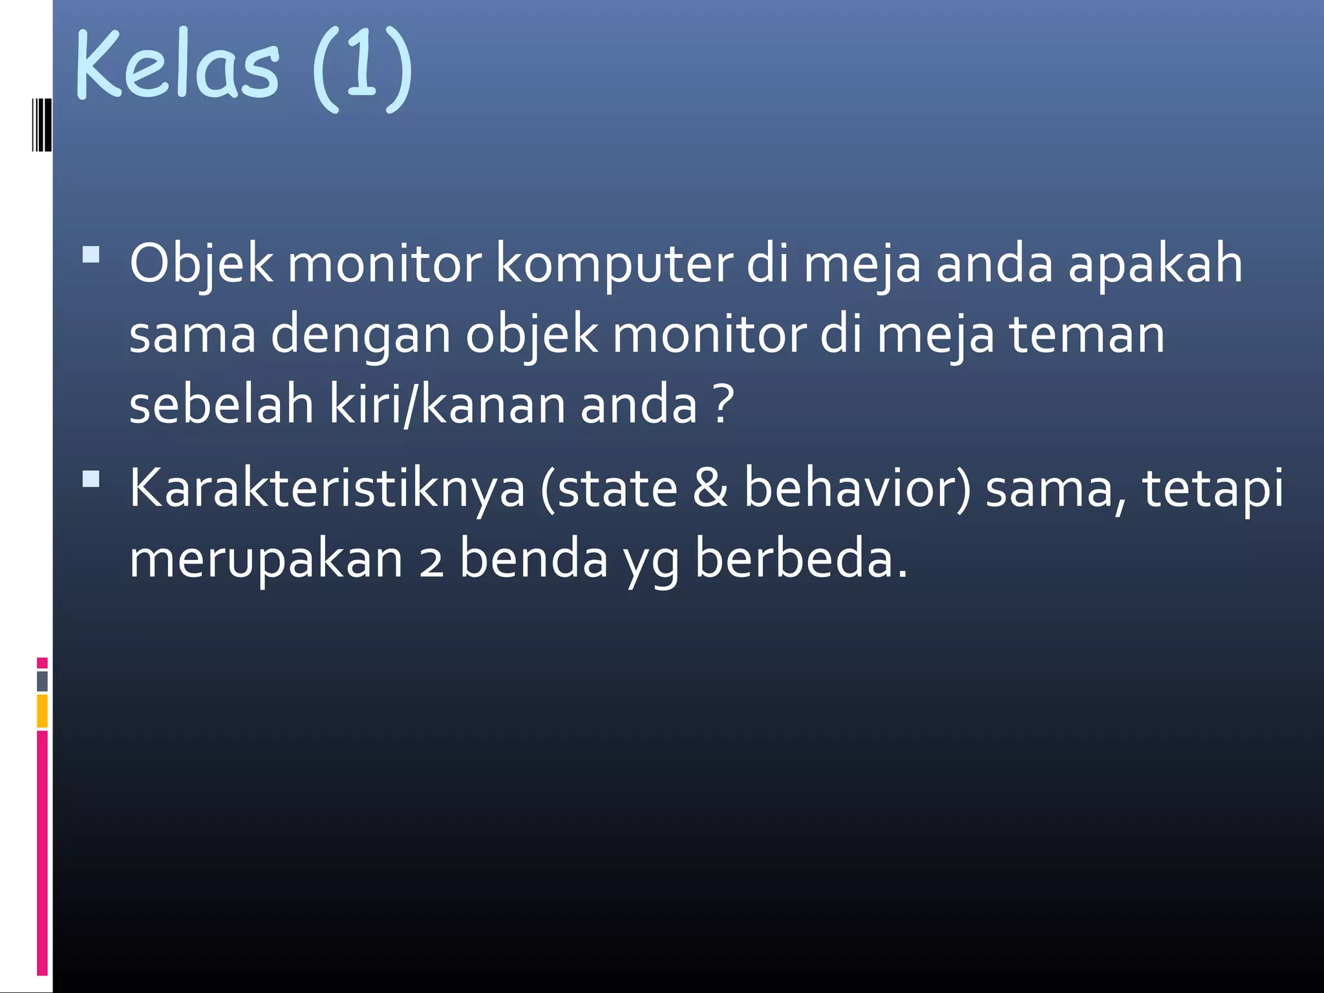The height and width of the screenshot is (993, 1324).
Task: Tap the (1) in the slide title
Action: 362,68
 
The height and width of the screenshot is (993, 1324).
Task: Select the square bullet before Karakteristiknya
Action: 91,478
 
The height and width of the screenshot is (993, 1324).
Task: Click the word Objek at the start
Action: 201,264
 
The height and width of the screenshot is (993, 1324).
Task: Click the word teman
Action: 1087,335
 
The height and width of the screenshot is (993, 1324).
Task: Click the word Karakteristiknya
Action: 327,489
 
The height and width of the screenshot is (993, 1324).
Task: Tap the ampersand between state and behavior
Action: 710,489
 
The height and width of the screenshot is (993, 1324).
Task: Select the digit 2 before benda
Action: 431,561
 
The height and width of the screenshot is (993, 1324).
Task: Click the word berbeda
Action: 802,560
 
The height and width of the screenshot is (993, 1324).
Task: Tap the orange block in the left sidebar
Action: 42,711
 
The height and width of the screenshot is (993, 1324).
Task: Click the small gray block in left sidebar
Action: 42,681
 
